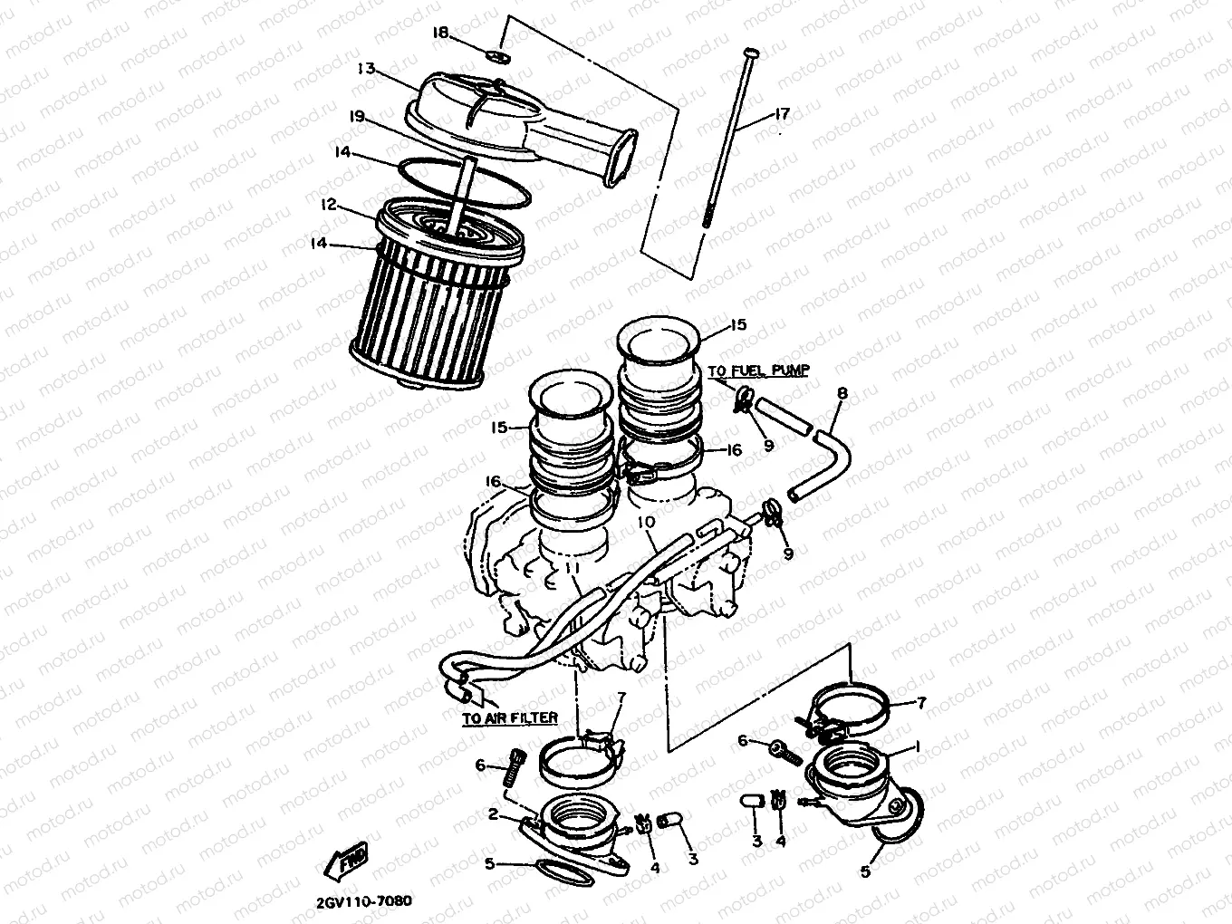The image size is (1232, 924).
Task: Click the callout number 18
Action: coord(440,33)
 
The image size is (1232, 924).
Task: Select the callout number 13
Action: coord(366,68)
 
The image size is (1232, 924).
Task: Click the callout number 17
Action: coord(781,114)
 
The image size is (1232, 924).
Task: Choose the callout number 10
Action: coord(645,523)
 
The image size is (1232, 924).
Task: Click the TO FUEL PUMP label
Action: coord(758,371)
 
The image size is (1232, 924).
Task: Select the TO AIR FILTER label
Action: coord(508,717)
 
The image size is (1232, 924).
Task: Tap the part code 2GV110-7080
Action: coord(364,901)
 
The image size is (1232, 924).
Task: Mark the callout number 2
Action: coord(493,814)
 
